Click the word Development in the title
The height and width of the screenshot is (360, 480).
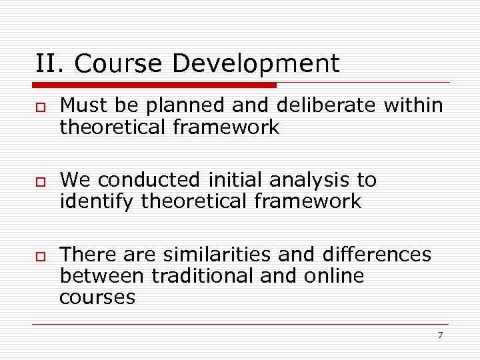click(256, 64)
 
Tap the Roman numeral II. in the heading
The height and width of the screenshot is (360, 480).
click(52, 64)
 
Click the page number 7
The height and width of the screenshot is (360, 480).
click(440, 335)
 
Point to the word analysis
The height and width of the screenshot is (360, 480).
click(313, 180)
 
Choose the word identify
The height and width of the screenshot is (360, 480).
click(97, 201)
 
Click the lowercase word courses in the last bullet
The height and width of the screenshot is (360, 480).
click(97, 297)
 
